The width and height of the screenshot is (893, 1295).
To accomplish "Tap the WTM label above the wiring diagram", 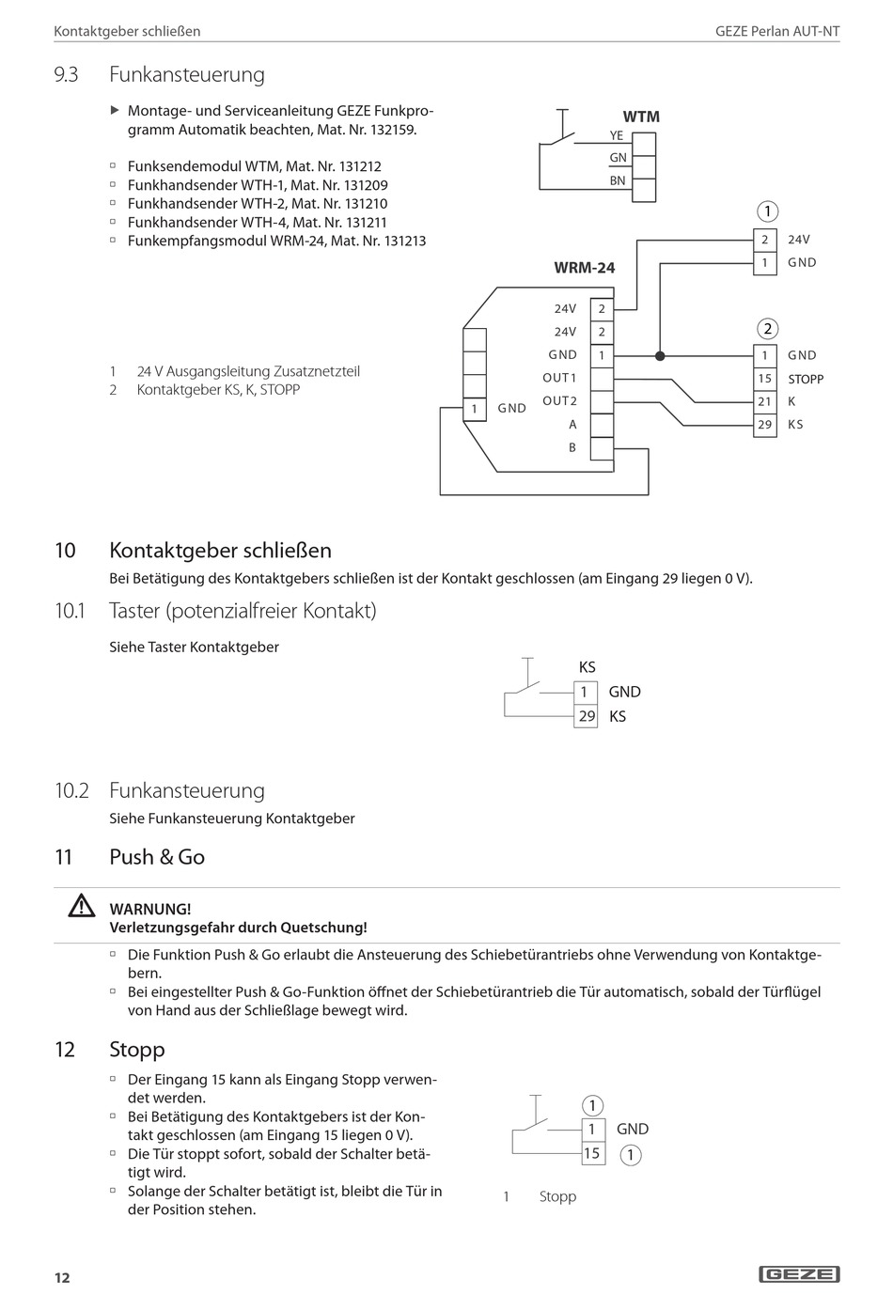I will [x=641, y=117].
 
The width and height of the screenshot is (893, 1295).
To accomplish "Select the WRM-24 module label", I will [x=584, y=268].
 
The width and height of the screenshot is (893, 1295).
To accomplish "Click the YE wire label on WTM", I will [x=617, y=135].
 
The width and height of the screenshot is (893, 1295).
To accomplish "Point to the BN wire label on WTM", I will [x=617, y=180].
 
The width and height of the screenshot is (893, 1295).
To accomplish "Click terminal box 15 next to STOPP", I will [x=765, y=379].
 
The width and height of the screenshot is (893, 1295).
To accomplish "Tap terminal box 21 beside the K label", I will [x=765, y=401].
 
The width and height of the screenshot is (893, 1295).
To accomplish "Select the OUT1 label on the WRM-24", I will [x=559, y=378].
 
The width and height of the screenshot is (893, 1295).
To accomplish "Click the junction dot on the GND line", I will [x=660, y=356].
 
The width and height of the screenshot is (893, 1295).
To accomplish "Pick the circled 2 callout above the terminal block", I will [x=768, y=328].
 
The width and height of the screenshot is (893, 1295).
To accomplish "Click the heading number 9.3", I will [x=66, y=74].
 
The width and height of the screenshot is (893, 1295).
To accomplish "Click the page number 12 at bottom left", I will [x=62, y=1277].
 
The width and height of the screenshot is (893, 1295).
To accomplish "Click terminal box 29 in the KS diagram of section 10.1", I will [x=587, y=716].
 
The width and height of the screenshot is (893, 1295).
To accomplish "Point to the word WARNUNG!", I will [x=150, y=909].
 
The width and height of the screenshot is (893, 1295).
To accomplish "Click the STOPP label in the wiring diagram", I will [x=806, y=379].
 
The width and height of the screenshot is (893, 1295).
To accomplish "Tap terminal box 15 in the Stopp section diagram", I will [x=591, y=1153].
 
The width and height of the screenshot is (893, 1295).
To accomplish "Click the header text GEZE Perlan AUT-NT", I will [x=777, y=31].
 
